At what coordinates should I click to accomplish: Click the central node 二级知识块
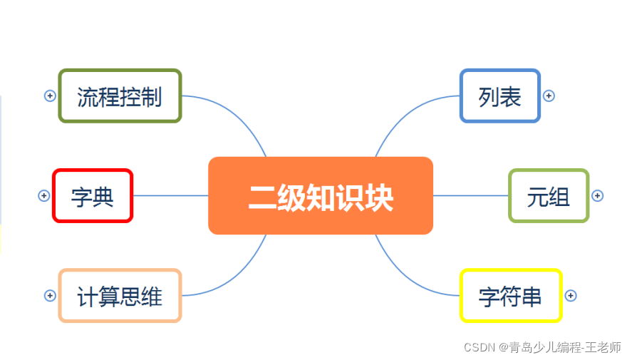tap(321, 196)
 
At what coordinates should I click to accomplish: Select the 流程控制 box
tap(120, 96)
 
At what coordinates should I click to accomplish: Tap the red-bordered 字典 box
tap(93, 196)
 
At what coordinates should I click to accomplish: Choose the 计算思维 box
tap(120, 296)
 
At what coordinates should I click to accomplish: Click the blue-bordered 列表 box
tap(500, 96)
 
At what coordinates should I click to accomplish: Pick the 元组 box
tap(549, 196)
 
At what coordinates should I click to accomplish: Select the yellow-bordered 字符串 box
tap(511, 296)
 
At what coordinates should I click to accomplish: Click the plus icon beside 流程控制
tap(50, 96)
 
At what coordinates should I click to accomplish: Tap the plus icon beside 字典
tap(43, 195)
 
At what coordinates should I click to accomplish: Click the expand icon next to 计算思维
tap(50, 295)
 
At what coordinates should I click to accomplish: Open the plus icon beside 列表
tap(549, 96)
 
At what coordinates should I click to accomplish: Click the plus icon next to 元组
tap(598, 195)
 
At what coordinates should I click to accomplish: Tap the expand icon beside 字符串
tap(570, 295)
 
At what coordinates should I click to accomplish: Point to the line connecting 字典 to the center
tap(171, 195)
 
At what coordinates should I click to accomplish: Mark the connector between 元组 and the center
tap(470, 195)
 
